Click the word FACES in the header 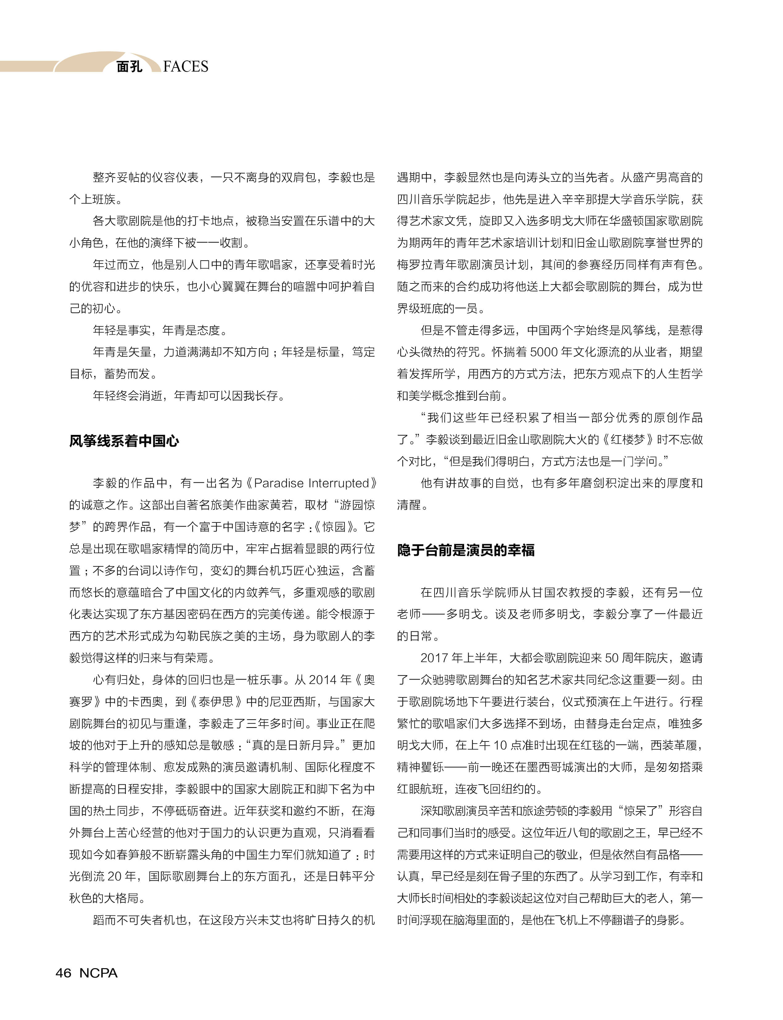pyautogui.click(x=186, y=67)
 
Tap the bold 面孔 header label pyautogui.click(x=129, y=67)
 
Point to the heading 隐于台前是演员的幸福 pyautogui.click(x=466, y=550)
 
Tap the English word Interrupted pyautogui.click(x=339, y=483)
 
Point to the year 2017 pyautogui.click(x=434, y=658)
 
